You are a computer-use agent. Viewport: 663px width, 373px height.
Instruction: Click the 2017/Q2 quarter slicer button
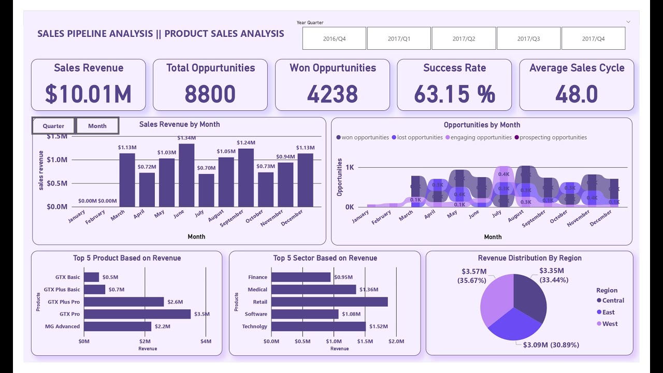click(464, 38)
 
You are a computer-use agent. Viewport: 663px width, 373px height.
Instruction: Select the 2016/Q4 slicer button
click(334, 38)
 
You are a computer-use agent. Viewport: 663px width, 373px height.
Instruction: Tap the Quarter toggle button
click(53, 126)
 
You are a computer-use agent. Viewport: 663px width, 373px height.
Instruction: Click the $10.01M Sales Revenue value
click(88, 94)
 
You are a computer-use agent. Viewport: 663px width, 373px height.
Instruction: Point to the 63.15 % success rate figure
click(454, 94)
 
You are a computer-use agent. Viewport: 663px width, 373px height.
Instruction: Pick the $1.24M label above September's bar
click(246, 142)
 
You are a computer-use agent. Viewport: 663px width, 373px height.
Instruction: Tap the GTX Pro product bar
click(137, 314)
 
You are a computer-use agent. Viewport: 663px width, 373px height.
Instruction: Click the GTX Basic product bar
click(91, 277)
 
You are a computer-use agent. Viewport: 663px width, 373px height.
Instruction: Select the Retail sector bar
click(329, 302)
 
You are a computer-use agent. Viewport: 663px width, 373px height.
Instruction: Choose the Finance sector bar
click(300, 277)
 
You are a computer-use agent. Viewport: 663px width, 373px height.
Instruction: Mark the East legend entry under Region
click(608, 312)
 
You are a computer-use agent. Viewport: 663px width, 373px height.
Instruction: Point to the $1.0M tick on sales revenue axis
click(57, 160)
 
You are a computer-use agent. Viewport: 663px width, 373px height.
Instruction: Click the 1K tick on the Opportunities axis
click(350, 167)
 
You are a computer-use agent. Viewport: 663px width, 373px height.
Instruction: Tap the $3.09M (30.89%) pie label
click(551, 345)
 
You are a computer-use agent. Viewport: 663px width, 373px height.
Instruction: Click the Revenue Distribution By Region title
click(529, 258)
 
